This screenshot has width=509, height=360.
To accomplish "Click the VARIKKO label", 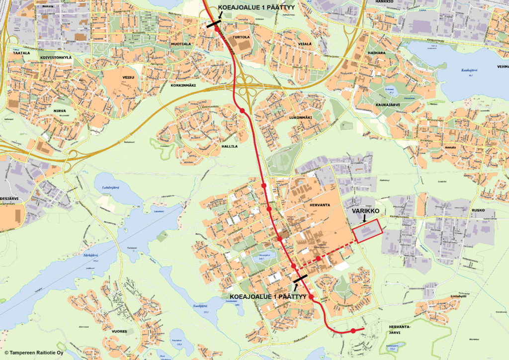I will click(x=366, y=211).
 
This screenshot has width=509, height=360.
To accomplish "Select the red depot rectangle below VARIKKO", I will click(x=367, y=231).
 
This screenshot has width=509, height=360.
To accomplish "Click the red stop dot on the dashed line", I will click(x=318, y=258).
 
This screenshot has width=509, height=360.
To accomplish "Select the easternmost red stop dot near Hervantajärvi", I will click(x=352, y=331).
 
